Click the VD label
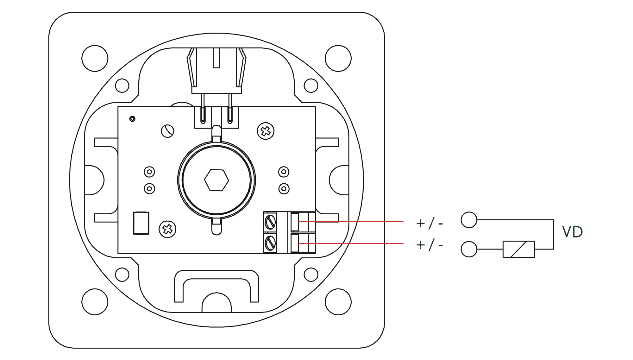tap(573, 232)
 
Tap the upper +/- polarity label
tap(429, 224)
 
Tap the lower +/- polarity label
tap(429, 245)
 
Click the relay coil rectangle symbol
tap(518, 249)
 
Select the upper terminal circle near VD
tap(469, 219)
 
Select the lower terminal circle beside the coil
tap(469, 249)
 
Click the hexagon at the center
tap(216, 180)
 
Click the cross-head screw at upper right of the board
tap(266, 131)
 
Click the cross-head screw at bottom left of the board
tap(167, 229)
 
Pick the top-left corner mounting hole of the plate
tap(95, 58)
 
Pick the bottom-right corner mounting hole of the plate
tap(338, 301)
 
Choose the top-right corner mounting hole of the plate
tap(338, 58)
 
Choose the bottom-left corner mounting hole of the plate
tap(95, 301)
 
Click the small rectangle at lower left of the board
tap(141, 223)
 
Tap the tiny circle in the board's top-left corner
tap(133, 119)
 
